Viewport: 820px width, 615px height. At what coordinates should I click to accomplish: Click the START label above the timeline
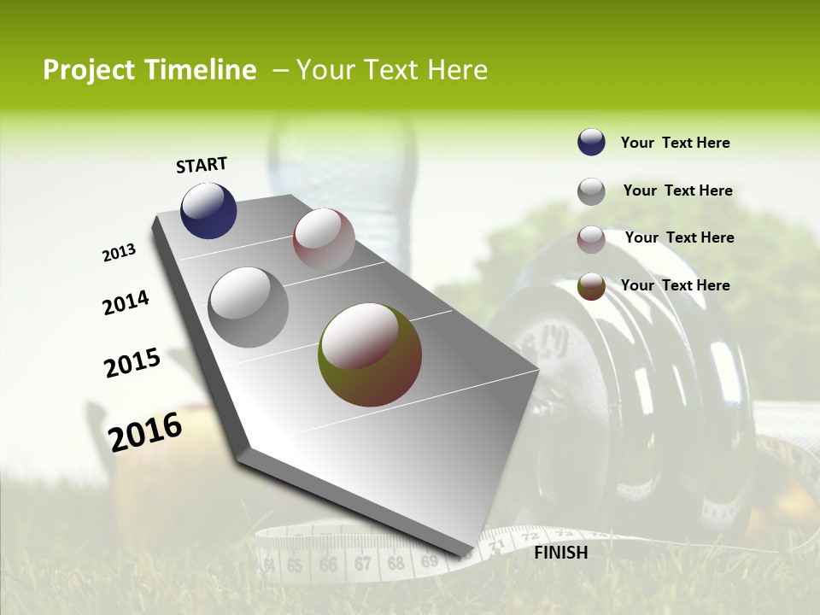[x=202, y=165]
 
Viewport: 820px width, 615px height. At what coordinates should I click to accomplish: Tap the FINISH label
[x=561, y=553]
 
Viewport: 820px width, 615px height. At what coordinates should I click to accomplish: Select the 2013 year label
[x=119, y=253]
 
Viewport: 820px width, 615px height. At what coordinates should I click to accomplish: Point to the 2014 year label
[x=126, y=303]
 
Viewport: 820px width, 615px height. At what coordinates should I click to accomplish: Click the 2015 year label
[x=132, y=363]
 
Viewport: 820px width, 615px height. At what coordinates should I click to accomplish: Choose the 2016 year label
[x=145, y=432]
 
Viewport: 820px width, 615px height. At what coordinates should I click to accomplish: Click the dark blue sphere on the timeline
[x=208, y=211]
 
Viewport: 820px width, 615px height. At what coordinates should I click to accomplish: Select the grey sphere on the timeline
[x=248, y=307]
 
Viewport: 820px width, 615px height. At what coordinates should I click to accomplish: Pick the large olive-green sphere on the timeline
[x=370, y=354]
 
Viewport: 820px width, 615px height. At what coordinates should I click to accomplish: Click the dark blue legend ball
[x=591, y=143]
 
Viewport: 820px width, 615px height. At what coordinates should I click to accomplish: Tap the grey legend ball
[x=591, y=191]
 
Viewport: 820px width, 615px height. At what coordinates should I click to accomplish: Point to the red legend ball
[x=591, y=239]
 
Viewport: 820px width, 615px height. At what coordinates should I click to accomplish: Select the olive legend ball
[x=591, y=286]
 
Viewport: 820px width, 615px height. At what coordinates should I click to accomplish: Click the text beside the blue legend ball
[x=675, y=143]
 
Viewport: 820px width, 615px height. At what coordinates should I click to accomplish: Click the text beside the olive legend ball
[x=675, y=285]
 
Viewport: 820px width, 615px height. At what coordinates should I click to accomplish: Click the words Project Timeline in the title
[x=149, y=70]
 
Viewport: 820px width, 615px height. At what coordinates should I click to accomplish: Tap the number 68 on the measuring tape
[x=395, y=564]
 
